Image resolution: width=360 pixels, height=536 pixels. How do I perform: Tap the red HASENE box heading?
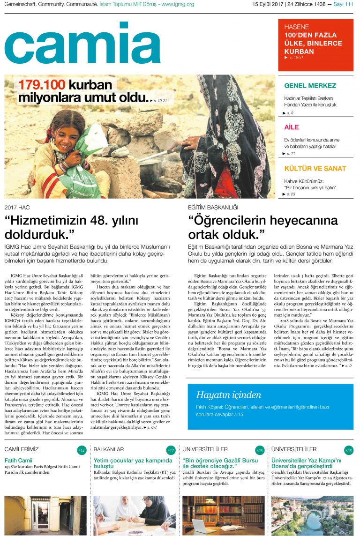click(297, 27)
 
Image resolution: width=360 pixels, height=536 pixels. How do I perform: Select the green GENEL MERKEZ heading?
click(310, 86)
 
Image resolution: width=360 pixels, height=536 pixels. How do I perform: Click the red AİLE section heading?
click(291, 127)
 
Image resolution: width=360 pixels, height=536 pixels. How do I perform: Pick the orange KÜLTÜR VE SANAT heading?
click(315, 168)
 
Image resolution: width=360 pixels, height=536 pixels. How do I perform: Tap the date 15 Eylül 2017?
click(268, 5)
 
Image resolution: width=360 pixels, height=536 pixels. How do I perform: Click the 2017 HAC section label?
click(17, 207)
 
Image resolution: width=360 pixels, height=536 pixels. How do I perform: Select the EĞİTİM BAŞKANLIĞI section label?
click(213, 207)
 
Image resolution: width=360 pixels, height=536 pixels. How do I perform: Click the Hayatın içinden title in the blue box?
click(228, 395)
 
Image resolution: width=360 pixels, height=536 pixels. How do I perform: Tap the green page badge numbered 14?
click(82, 450)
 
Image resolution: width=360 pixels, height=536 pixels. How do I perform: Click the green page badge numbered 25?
click(259, 450)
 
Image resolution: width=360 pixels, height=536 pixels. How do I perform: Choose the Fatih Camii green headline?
click(18, 460)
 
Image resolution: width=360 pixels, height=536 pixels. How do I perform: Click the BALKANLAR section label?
click(108, 449)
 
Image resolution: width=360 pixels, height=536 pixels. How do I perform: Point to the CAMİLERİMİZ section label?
click(22, 449)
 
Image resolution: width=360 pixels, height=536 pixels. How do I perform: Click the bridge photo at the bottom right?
click(312, 515)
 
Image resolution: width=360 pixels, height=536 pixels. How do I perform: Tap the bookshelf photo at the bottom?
click(223, 515)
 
